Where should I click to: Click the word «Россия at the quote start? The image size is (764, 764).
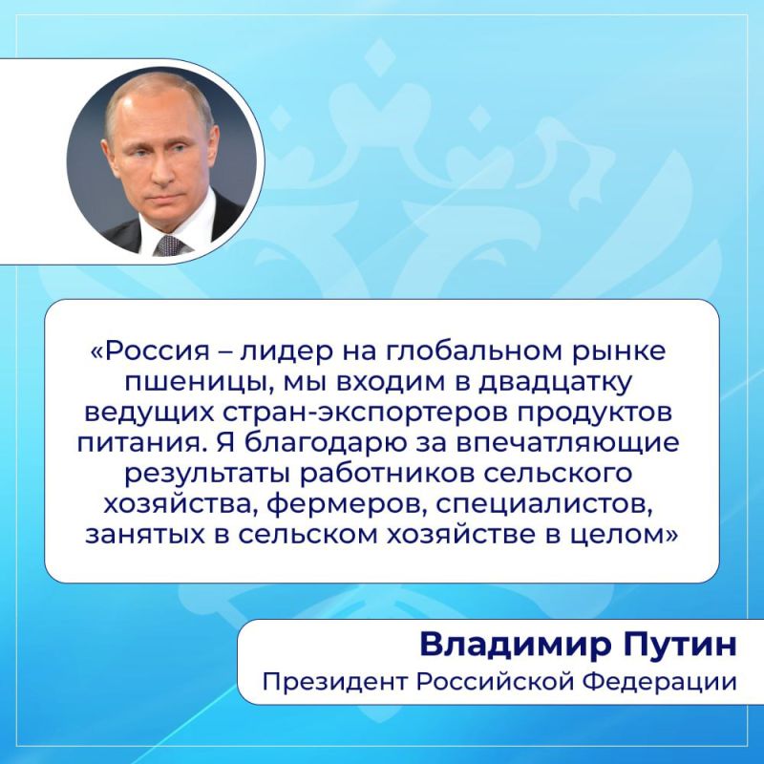pyautogui.click(x=140, y=350)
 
